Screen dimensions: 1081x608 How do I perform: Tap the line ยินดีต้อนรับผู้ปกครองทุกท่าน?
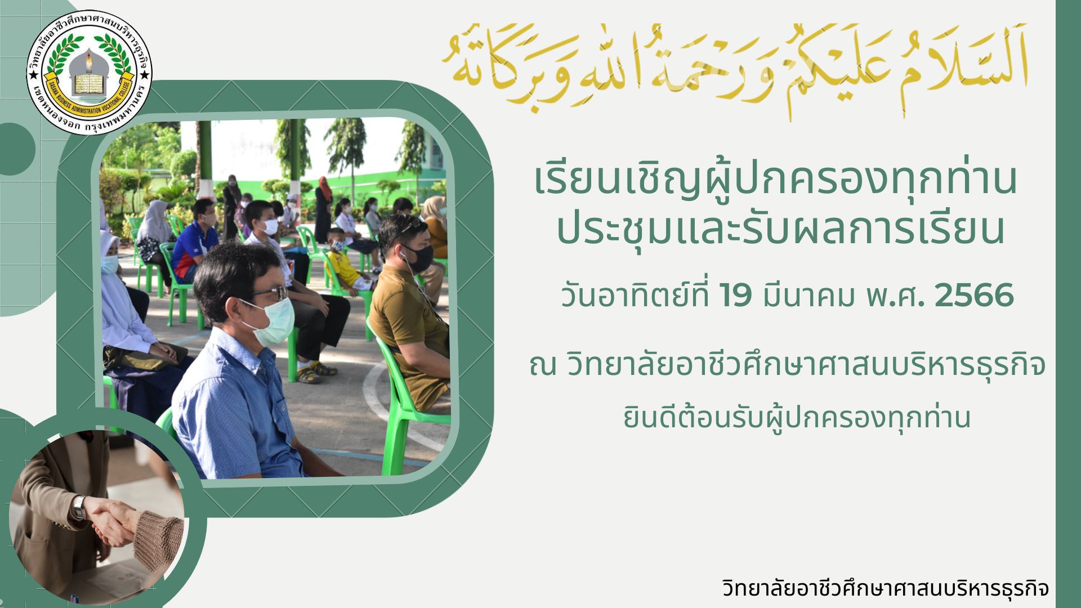click(x=797, y=417)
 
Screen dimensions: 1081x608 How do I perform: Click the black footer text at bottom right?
click(x=885, y=589)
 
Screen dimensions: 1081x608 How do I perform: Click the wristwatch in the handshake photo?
click(x=79, y=508)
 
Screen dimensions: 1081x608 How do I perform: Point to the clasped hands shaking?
click(x=113, y=521)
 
